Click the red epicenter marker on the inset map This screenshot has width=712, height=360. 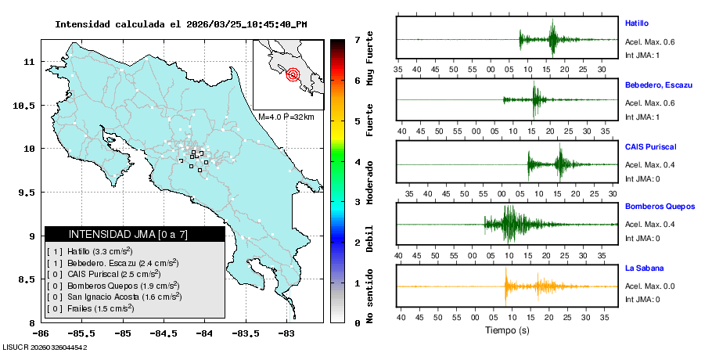[293, 75]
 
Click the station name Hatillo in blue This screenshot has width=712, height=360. [637, 23]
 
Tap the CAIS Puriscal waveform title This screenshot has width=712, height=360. [650, 146]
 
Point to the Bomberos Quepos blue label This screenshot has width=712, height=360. [660, 207]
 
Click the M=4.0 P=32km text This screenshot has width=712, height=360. [286, 117]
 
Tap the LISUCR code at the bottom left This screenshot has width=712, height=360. [45, 346]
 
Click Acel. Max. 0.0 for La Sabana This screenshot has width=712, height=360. [649, 286]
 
